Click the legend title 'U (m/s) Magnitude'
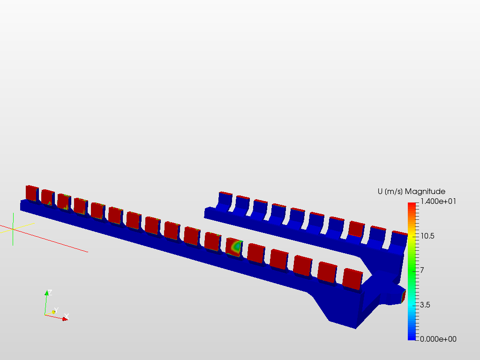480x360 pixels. coord(412,192)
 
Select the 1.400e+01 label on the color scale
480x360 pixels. coord(438,201)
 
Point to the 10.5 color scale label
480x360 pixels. coord(427,236)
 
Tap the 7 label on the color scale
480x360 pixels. coord(422,270)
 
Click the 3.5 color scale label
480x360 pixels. coord(425,305)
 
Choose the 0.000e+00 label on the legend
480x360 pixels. coord(438,339)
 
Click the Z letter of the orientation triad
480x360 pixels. coord(50,292)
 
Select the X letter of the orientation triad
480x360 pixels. coord(67,316)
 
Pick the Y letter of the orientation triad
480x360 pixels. coord(56,310)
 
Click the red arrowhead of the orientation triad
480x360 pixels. coord(65,319)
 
